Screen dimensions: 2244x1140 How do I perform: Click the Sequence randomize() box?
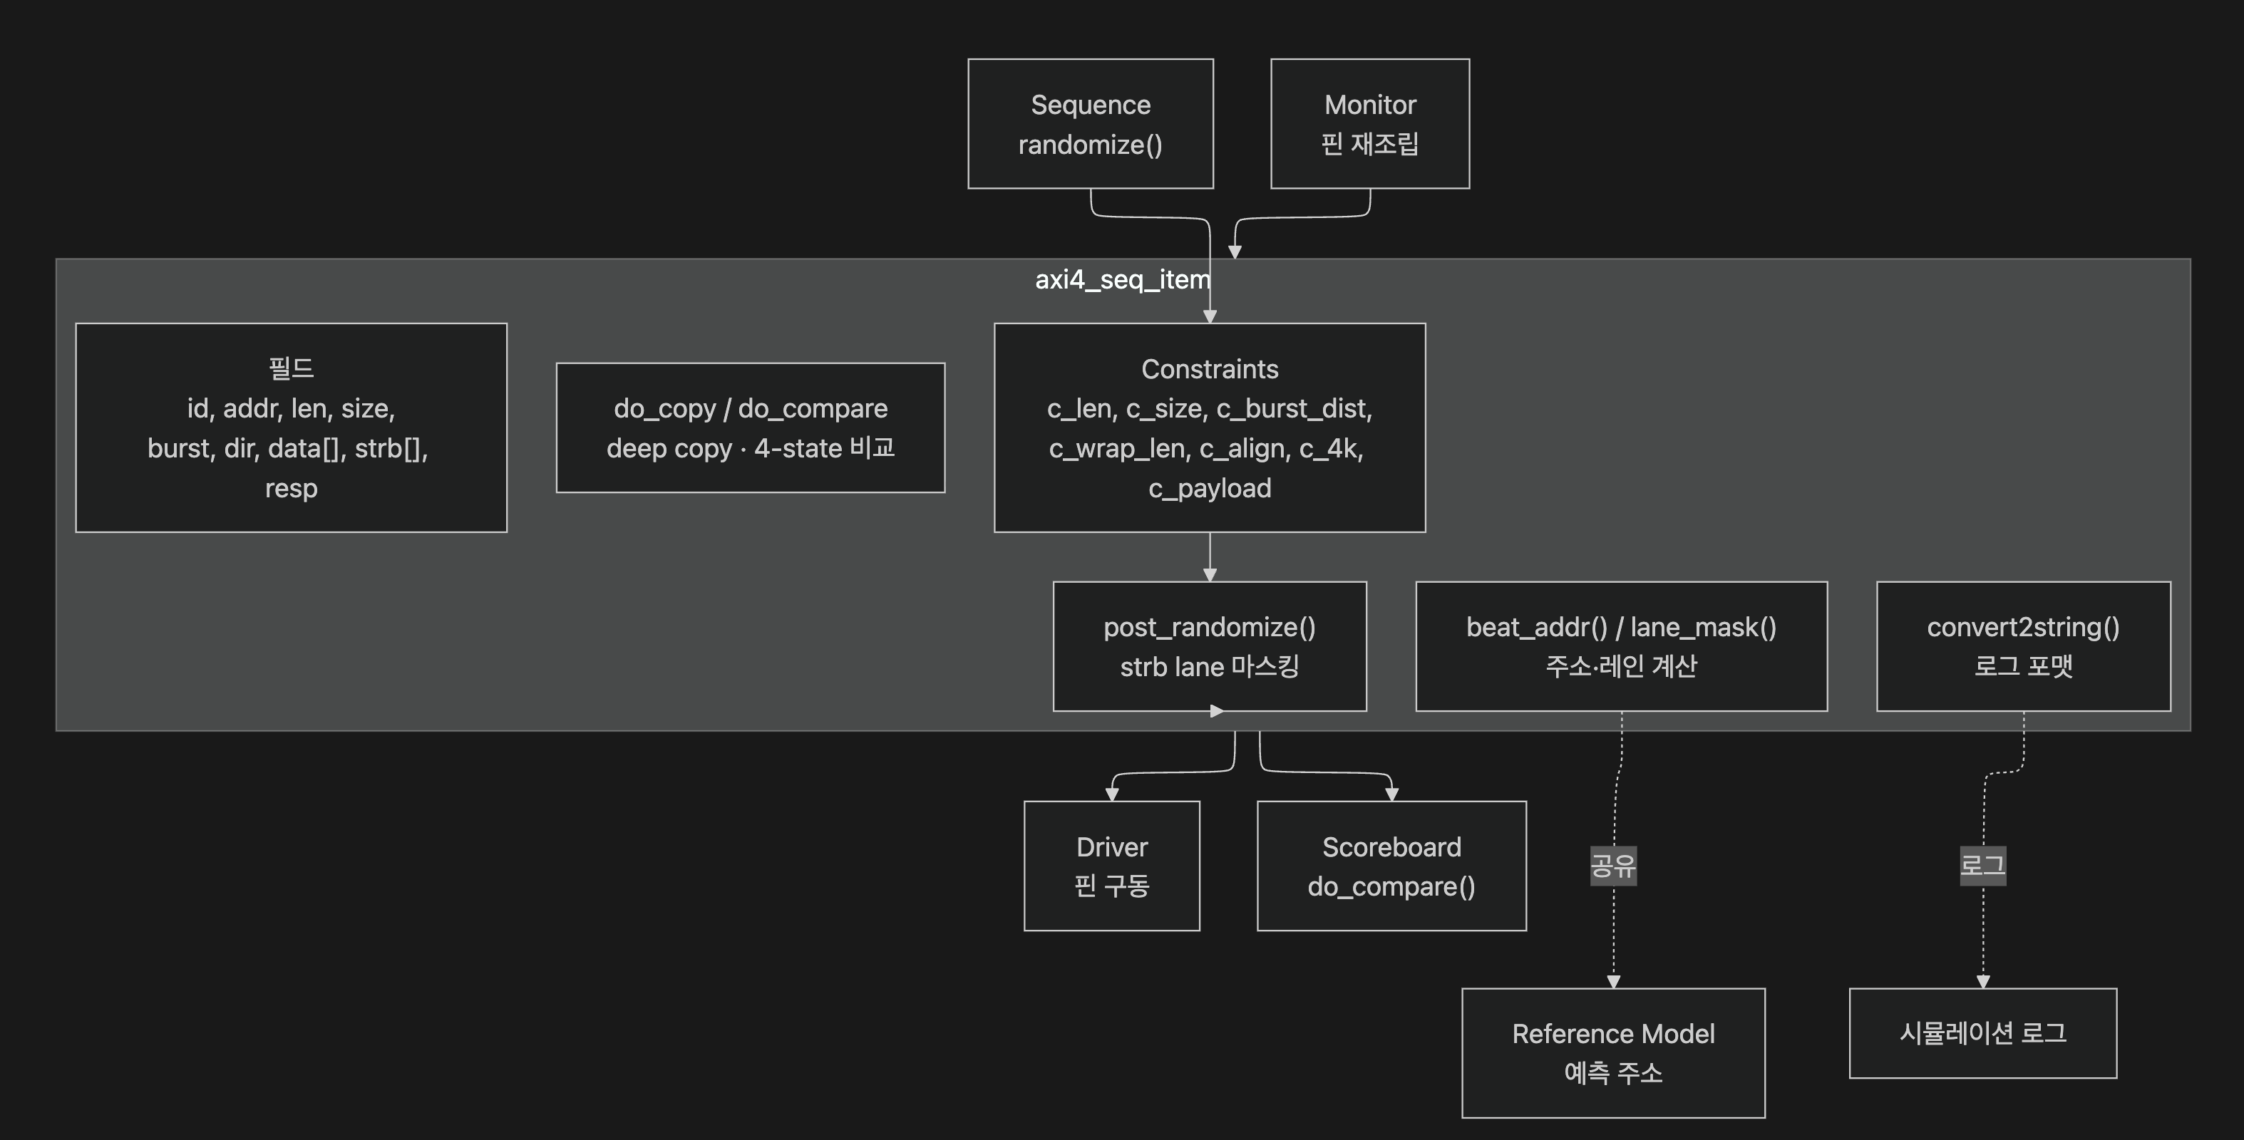[1091, 124]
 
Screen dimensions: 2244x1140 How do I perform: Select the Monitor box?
[1370, 124]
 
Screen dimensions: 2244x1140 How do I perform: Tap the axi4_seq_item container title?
[1123, 279]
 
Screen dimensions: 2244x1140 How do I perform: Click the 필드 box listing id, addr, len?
[291, 427]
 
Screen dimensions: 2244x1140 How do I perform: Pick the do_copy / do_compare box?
[751, 427]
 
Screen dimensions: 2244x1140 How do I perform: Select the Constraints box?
[1210, 427]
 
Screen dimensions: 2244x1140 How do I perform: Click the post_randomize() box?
[1210, 646]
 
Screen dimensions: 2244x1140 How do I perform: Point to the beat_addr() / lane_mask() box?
[1622, 646]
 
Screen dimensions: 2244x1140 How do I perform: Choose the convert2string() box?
[2024, 646]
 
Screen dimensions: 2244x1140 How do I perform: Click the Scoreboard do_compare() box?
[1392, 866]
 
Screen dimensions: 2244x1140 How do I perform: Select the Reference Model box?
[1613, 1053]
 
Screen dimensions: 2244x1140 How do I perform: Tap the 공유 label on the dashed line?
[1613, 866]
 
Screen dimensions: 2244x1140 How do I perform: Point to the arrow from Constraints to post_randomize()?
[1210, 556]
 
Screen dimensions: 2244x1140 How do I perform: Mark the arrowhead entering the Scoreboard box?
[1392, 794]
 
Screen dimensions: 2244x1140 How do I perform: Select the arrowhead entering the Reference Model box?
[1613, 982]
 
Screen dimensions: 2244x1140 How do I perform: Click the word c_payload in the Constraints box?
[1210, 489]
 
